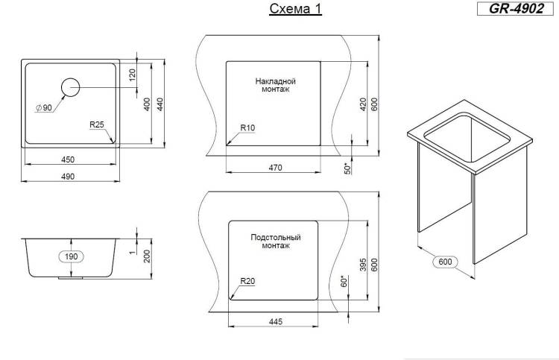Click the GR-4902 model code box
coord(515,8)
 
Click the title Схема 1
coord(296,9)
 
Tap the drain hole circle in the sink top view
coord(70,87)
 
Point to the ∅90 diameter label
coord(44,107)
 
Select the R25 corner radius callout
coord(97,124)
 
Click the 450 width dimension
coord(68,160)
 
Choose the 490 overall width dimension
coord(68,177)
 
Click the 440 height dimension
coord(160,104)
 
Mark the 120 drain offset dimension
coord(132,75)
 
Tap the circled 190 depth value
coord(72,256)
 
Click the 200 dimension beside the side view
coord(147,256)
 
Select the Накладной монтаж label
coord(276,85)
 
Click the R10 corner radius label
coord(247,127)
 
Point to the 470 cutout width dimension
coord(275,168)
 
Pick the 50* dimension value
coord(347,168)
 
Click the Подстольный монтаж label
coord(276,241)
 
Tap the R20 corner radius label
coord(247,281)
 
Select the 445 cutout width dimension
coord(276,321)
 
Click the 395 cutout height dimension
coord(363,265)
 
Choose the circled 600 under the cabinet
coord(445,262)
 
